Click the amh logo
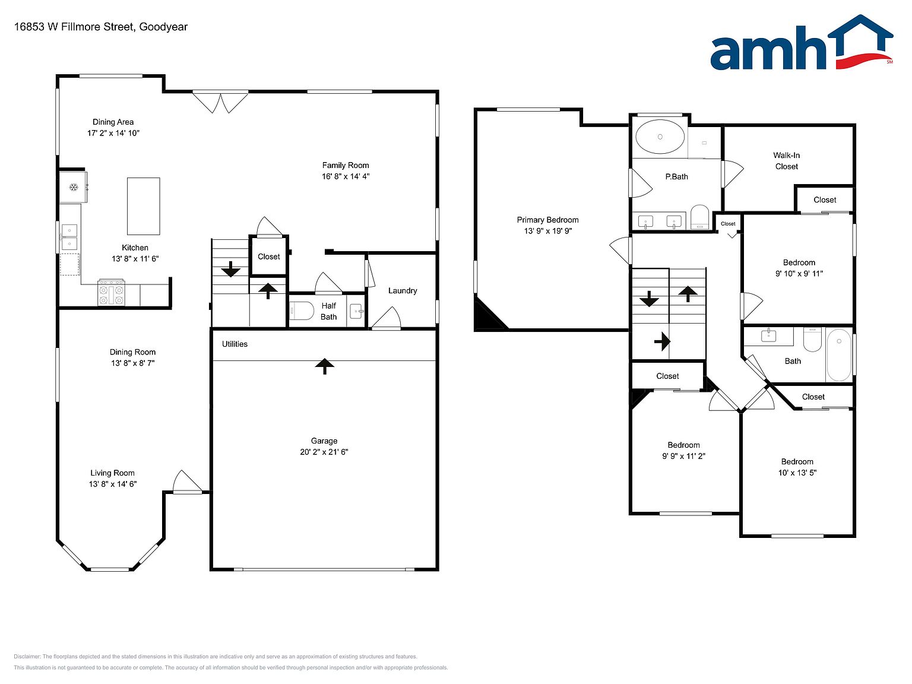coord(802,42)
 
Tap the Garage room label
coord(324,441)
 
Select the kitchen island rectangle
coord(143,206)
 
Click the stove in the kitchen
coord(111,292)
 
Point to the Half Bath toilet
coord(301,310)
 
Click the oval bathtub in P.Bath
coord(660,137)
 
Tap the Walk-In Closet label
coord(786,161)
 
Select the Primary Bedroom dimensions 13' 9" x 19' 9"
coord(547,231)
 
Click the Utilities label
coord(235,344)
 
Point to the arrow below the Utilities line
coord(324,366)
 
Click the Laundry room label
coord(402,291)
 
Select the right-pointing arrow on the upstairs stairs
coord(662,341)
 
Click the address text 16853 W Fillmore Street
coord(74,27)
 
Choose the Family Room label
coord(346,165)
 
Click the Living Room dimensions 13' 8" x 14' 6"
coord(113,484)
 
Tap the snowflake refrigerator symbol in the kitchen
coord(74,187)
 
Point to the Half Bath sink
coord(356,311)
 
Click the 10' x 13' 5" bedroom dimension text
coord(797,473)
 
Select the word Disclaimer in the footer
coord(27,657)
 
